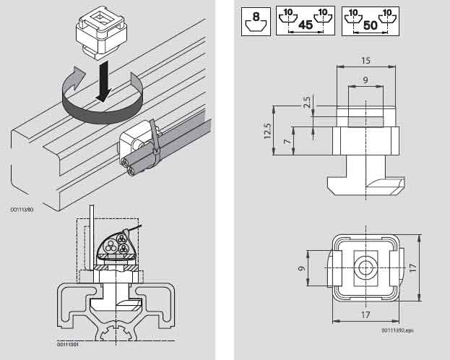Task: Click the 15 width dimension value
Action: point(366,61)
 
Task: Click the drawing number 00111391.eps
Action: point(398,330)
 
